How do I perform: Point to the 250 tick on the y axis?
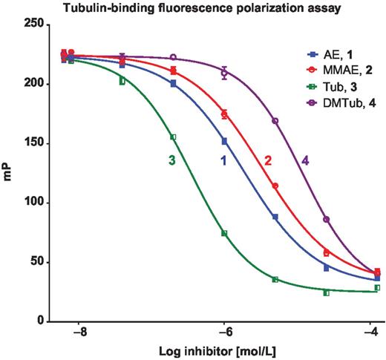(x=33, y=24)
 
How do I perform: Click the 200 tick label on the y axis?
(x=33, y=84)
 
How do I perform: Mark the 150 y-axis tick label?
(x=33, y=143)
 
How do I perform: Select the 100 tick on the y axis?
(x=33, y=203)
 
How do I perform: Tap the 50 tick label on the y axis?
(x=36, y=262)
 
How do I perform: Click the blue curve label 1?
(x=223, y=160)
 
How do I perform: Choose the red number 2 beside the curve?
(x=267, y=160)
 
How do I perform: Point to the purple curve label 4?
(x=306, y=160)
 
